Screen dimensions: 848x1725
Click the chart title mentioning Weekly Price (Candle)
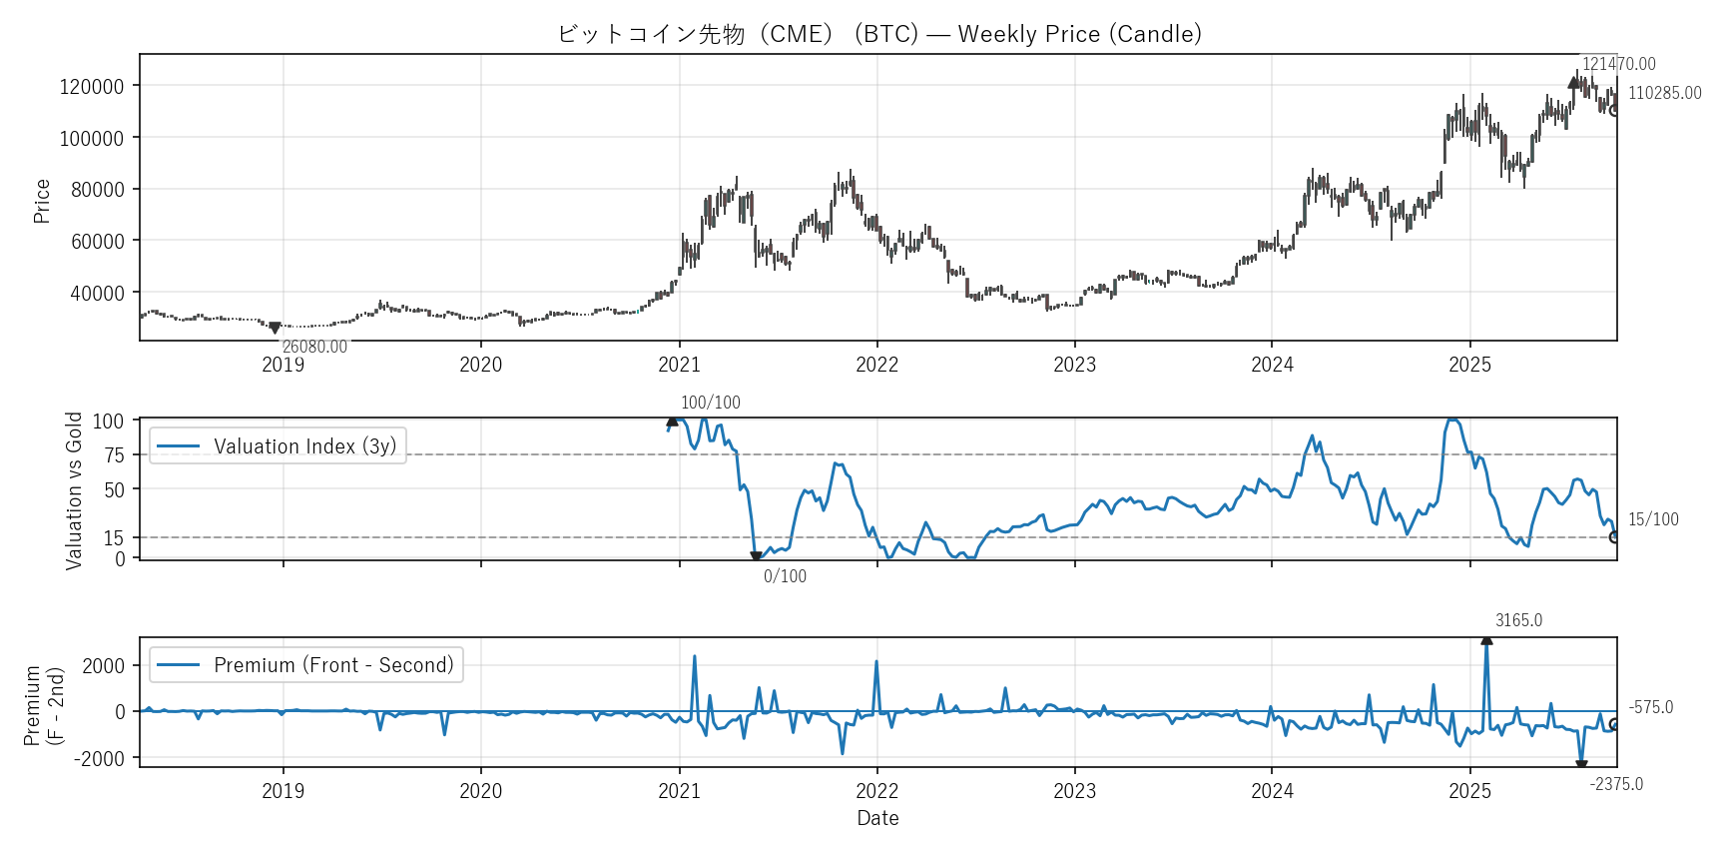(x=878, y=34)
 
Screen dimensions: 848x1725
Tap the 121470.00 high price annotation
(x=1618, y=64)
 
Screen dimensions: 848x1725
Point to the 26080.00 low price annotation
(x=314, y=347)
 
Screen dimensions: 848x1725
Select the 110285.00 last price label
(x=1664, y=93)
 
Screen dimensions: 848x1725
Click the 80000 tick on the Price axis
(x=97, y=190)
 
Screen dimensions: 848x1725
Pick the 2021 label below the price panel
(x=679, y=365)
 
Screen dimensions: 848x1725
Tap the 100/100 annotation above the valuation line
(x=711, y=403)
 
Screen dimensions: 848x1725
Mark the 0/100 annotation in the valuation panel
(x=785, y=576)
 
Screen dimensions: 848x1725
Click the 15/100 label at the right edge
(x=1653, y=519)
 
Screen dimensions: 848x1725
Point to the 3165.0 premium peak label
(x=1518, y=620)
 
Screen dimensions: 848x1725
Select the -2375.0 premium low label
(x=1616, y=784)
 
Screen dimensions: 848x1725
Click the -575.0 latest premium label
(x=1651, y=707)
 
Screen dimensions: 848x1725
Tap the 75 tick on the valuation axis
(x=115, y=455)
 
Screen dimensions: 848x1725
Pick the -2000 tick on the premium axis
(x=99, y=759)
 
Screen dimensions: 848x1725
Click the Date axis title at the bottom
(x=877, y=818)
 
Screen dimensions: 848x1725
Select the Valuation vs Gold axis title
(x=74, y=490)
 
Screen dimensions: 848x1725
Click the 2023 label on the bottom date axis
(x=1074, y=791)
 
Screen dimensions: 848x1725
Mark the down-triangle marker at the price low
(x=275, y=328)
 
